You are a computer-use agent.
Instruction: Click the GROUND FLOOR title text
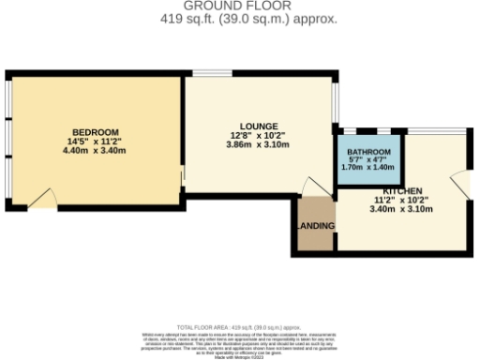pyautogui.click(x=240, y=6)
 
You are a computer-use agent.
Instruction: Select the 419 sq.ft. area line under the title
pyautogui.click(x=240, y=18)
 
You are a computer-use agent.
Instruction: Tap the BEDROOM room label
pyautogui.click(x=95, y=130)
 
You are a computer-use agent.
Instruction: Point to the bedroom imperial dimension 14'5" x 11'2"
pyautogui.click(x=95, y=141)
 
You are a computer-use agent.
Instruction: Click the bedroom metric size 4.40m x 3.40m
pyautogui.click(x=95, y=150)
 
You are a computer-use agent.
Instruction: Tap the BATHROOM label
pyautogui.click(x=368, y=151)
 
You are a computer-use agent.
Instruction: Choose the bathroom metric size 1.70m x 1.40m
pyautogui.click(x=368, y=167)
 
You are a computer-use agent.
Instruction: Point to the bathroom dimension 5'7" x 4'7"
pyautogui.click(x=368, y=159)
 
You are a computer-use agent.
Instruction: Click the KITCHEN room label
pyautogui.click(x=389, y=190)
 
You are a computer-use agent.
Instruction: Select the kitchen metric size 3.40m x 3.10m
pyautogui.click(x=389, y=209)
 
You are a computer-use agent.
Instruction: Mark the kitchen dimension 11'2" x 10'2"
pyautogui.click(x=389, y=200)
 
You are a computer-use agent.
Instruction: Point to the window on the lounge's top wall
pyautogui.click(x=208, y=73)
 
